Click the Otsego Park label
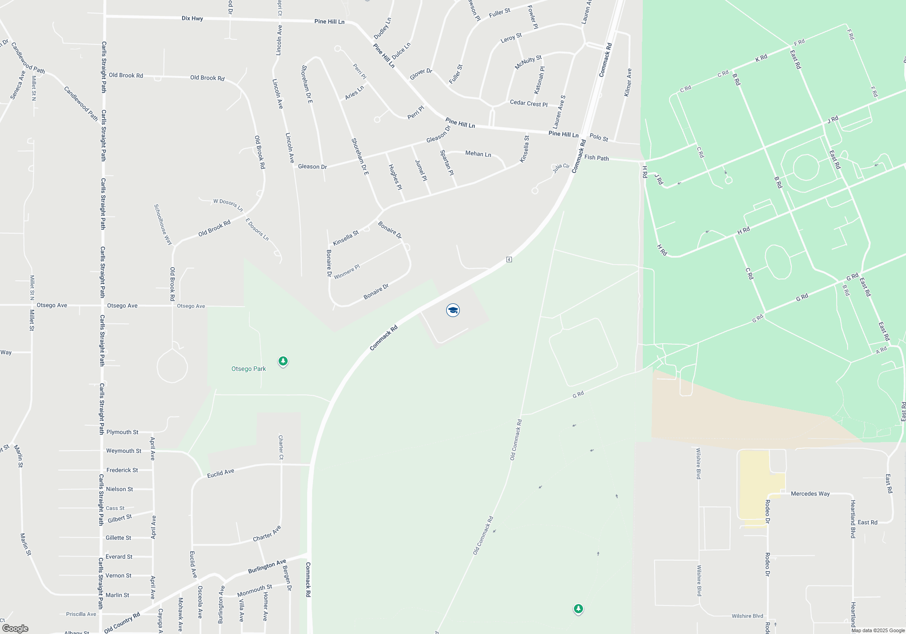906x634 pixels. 249,369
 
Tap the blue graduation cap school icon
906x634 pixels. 453,310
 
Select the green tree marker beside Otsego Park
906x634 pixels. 283,361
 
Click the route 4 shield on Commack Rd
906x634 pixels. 509,259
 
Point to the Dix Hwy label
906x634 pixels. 192,19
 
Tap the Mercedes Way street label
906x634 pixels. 810,494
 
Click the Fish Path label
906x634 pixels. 597,158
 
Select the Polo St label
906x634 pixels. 599,137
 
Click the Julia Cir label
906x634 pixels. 561,168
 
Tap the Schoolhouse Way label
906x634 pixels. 163,225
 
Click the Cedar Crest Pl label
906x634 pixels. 529,103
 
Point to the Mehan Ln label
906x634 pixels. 478,154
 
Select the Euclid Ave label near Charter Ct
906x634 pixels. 221,473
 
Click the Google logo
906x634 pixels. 15,629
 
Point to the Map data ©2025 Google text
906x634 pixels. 878,630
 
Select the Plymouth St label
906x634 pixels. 122,432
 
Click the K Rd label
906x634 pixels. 761,58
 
